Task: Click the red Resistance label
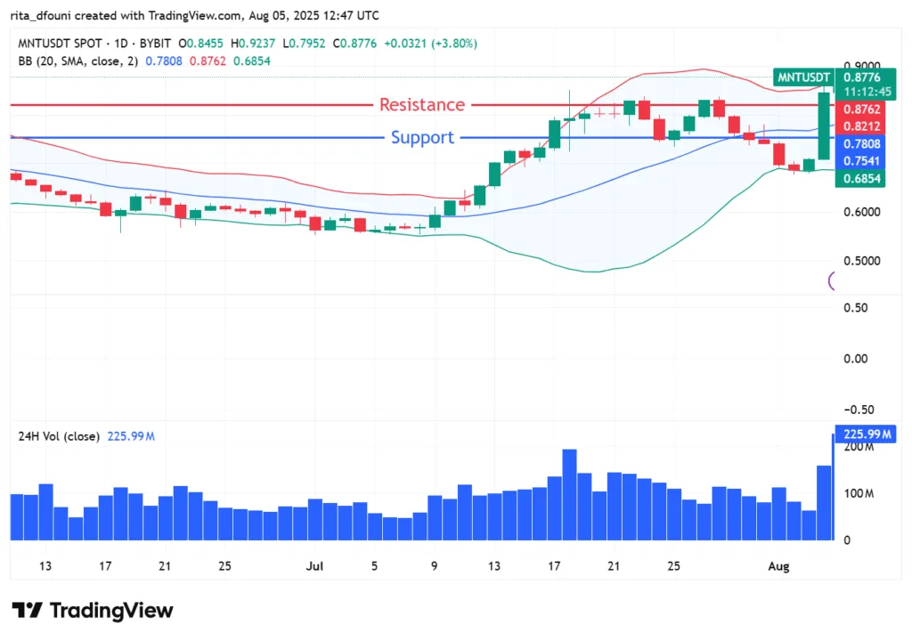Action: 422,105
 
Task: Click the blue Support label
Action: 422,138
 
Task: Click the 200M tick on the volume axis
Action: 859,447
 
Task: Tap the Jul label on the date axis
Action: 313,566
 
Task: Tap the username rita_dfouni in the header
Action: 53,15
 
